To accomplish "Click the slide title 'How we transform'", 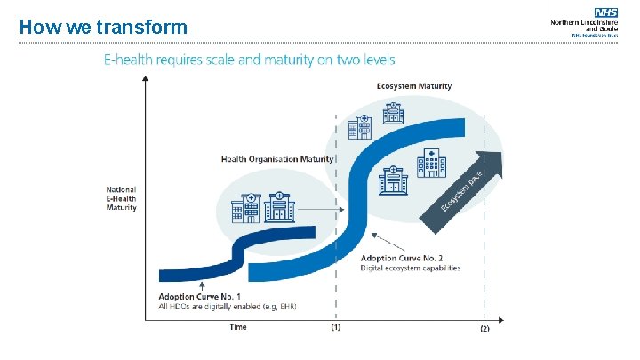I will pos(103,27).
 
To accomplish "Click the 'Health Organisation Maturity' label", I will pos(277,159).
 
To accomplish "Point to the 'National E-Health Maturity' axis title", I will pos(122,199).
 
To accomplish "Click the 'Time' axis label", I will pos(238,327).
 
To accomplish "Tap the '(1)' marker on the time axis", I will pos(335,328).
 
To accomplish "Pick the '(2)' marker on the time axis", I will pos(484,329).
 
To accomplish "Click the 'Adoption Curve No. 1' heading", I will pos(200,296).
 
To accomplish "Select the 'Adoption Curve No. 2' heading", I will pos(400,258).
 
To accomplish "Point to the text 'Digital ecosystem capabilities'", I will pos(411,268).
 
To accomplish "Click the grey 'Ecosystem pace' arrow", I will pos(471,187).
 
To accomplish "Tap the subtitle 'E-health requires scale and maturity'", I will pos(250,60).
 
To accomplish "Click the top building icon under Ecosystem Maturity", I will pos(391,113).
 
